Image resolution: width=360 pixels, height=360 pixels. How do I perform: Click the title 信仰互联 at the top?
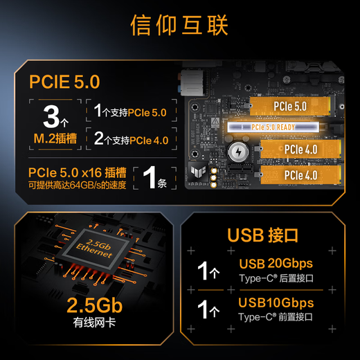[179, 25]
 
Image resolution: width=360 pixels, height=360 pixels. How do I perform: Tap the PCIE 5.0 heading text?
[64, 82]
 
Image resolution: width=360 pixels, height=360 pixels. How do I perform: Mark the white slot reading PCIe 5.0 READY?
[273, 127]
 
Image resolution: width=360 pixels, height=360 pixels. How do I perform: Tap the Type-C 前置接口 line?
[276, 317]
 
